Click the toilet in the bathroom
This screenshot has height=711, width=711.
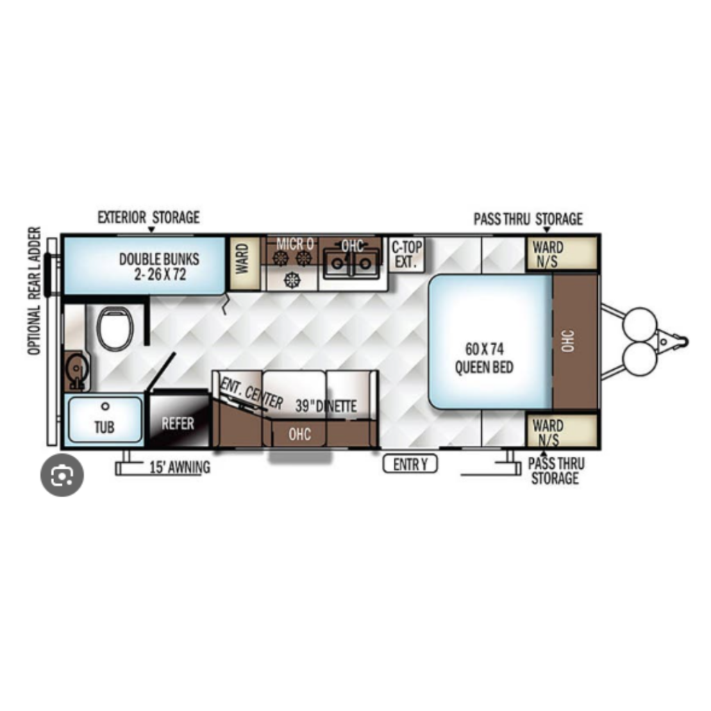(115, 328)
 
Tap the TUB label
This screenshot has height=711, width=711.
(104, 427)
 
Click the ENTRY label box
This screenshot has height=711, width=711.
(410, 464)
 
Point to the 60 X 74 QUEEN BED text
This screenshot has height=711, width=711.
(484, 358)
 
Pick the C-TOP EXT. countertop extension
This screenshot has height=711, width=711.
(406, 254)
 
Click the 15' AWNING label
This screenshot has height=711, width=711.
(180, 467)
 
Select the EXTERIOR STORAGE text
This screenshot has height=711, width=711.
(149, 217)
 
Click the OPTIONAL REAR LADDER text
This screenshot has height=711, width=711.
(35, 291)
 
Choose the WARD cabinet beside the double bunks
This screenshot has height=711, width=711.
(244, 263)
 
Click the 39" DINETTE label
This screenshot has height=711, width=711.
(326, 405)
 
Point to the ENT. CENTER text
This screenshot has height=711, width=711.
(251, 393)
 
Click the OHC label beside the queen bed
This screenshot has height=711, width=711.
(568, 341)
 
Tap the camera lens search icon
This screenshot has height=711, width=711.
(62, 475)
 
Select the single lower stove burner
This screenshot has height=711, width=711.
(292, 279)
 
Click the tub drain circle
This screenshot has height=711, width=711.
(106, 406)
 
